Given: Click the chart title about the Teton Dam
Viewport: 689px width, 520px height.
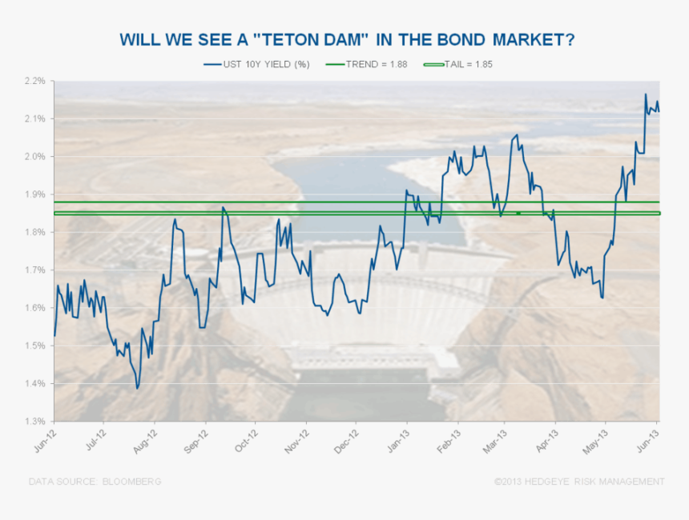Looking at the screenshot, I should (x=347, y=40).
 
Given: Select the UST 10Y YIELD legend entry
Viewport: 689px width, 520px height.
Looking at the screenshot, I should (x=256, y=64).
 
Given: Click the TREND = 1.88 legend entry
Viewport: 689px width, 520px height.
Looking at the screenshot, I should (x=367, y=64).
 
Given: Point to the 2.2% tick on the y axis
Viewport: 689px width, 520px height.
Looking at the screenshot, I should (x=34, y=81).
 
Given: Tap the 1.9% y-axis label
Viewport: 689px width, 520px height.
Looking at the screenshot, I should (x=34, y=194).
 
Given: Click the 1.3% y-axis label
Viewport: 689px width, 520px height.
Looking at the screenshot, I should (x=34, y=421).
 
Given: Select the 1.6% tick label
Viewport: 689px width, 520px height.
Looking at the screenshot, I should (x=34, y=308).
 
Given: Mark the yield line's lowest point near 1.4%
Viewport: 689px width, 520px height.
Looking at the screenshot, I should (x=137, y=388).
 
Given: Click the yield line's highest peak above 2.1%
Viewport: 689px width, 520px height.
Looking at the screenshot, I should (x=646, y=94).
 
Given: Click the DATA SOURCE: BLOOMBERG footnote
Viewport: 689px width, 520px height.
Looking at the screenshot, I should (x=95, y=482).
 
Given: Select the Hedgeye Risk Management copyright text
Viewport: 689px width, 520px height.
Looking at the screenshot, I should (x=578, y=482).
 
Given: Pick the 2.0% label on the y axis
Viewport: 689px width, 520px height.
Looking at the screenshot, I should (x=34, y=157).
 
